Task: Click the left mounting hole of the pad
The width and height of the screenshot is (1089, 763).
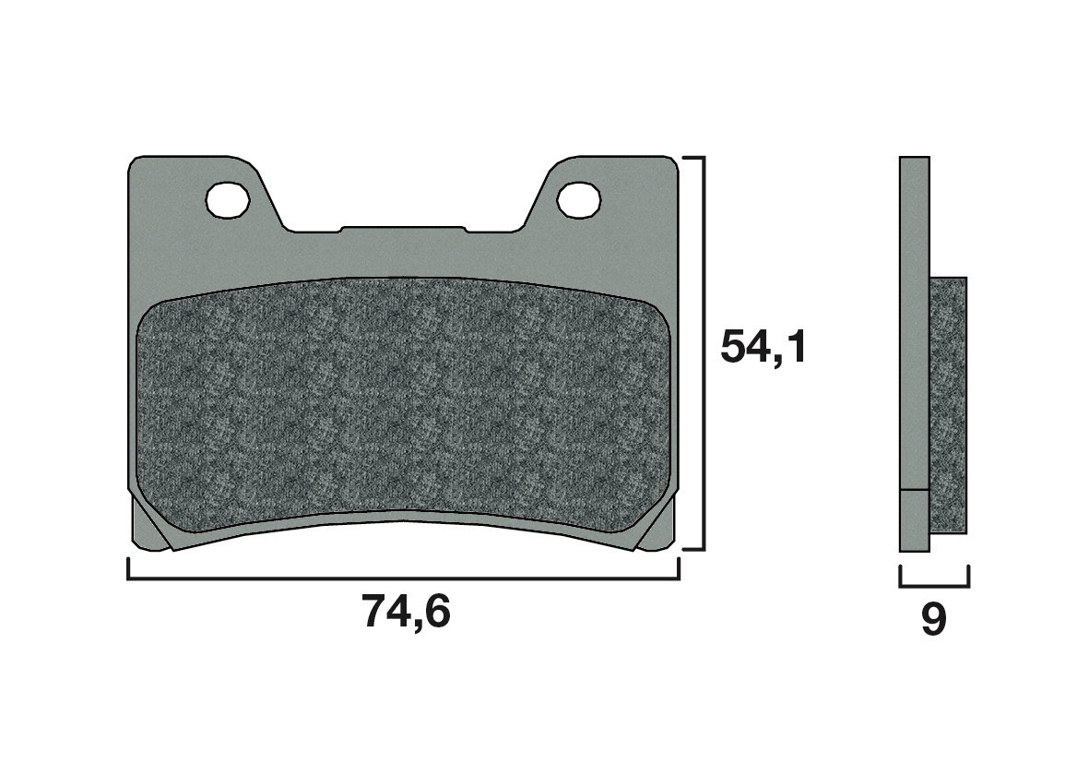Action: click(x=227, y=199)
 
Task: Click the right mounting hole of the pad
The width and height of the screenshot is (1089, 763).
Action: click(x=578, y=199)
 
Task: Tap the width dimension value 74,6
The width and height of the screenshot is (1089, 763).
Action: click(x=406, y=612)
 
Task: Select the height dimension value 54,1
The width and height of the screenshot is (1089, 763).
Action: click(x=763, y=347)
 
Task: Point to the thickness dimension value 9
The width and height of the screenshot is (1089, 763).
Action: click(x=933, y=621)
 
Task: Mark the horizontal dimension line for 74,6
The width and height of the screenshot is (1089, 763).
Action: click(x=403, y=579)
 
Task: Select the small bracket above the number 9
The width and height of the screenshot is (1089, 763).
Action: click(x=934, y=584)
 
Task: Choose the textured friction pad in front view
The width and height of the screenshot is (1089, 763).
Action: click(x=403, y=406)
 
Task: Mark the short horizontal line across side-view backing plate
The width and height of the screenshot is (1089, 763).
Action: click(x=914, y=488)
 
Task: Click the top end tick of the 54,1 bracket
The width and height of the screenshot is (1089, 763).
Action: click(x=693, y=158)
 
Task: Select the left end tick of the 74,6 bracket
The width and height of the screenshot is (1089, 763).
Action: click(x=128, y=569)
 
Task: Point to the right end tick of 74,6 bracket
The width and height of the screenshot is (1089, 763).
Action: click(x=679, y=569)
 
